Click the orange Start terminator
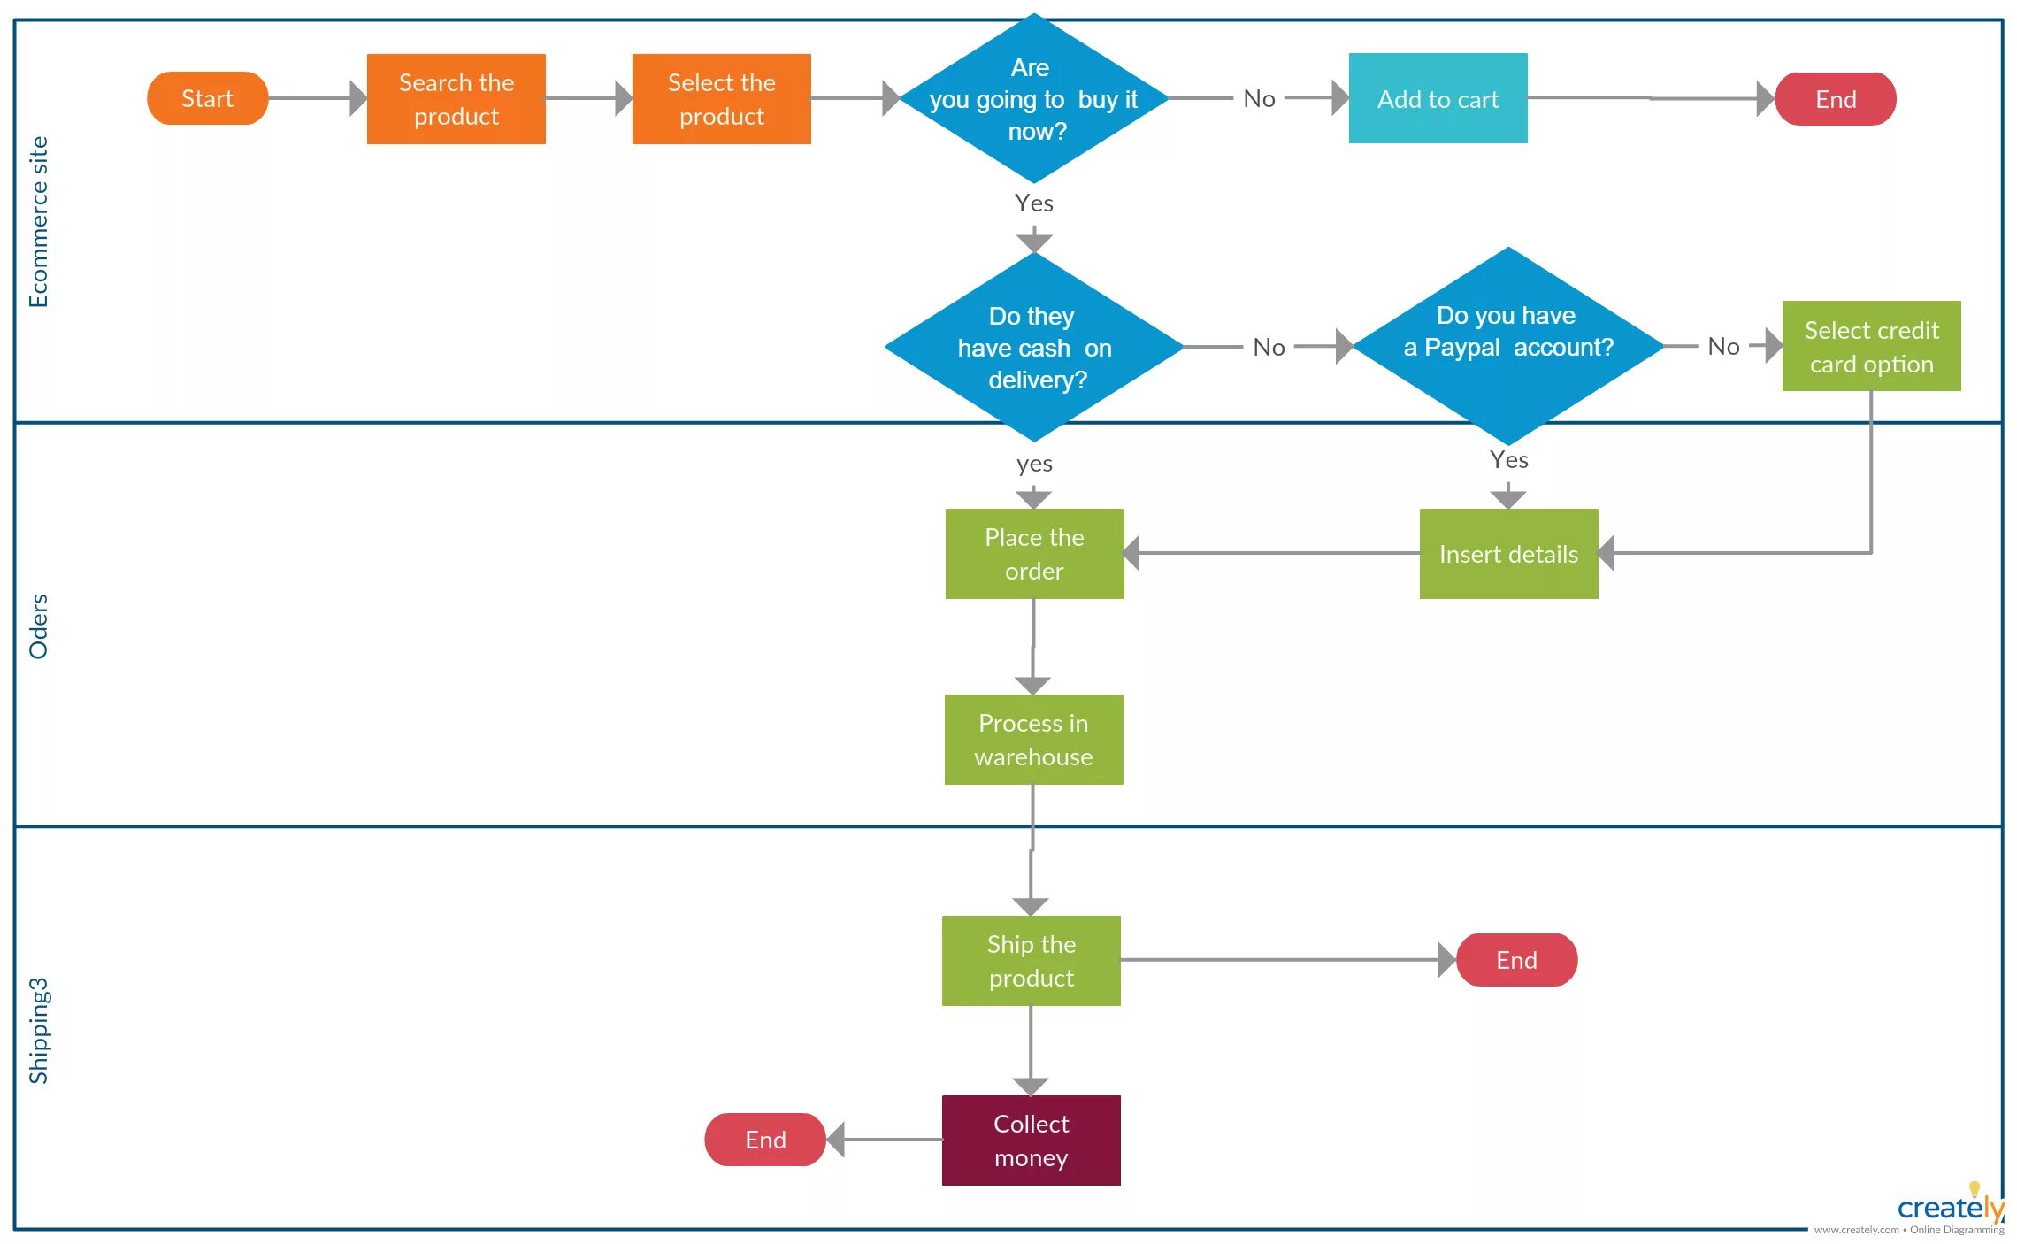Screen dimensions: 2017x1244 click(207, 98)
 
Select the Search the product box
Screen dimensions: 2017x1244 click(456, 99)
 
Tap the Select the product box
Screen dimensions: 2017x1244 click(722, 99)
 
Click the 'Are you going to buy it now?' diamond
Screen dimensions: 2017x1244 click(1033, 98)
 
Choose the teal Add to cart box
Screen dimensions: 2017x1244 click(1438, 98)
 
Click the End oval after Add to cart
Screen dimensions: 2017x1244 click(1836, 99)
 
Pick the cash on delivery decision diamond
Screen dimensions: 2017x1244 click(1034, 347)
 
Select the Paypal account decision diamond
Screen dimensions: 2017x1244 click(1508, 346)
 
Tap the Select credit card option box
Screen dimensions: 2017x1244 click(1872, 346)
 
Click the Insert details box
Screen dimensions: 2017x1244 click(1509, 554)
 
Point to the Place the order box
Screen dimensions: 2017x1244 click(1035, 554)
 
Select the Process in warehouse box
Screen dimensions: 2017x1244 click(1034, 740)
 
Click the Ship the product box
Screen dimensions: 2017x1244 click(1032, 961)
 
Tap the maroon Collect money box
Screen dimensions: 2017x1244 click(1032, 1140)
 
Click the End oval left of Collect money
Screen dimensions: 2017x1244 click(765, 1140)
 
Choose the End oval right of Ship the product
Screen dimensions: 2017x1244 click(1517, 960)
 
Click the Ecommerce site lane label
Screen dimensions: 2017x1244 click(39, 222)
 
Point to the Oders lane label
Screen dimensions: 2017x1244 click(39, 626)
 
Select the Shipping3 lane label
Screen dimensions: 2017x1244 click(39, 1031)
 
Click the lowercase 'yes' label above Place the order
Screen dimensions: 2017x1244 click(1034, 464)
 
